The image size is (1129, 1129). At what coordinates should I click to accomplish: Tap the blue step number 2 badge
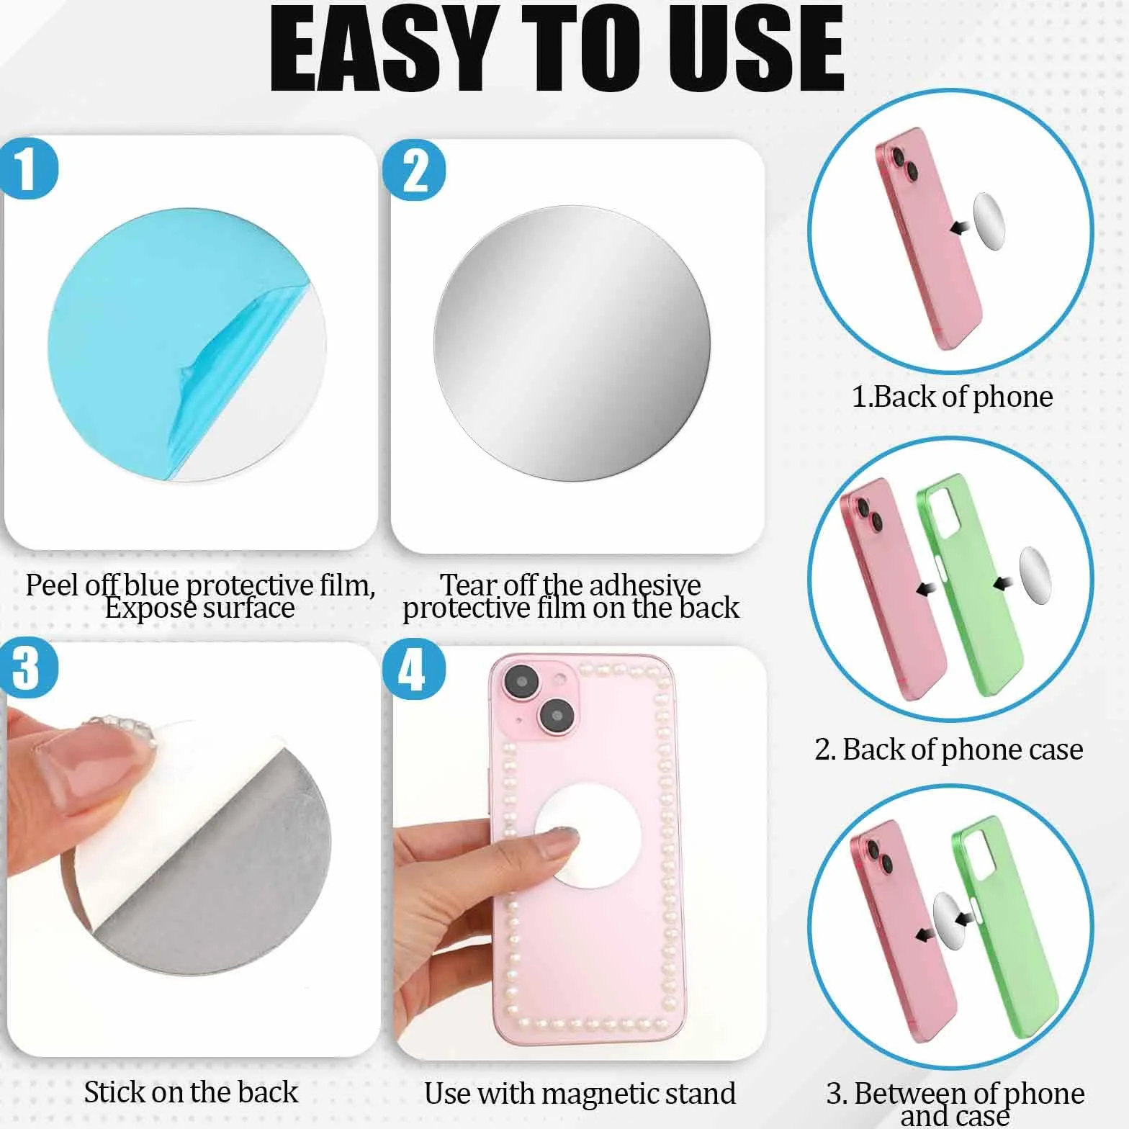coord(414,171)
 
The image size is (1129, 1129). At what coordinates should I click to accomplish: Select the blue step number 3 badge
coord(27,667)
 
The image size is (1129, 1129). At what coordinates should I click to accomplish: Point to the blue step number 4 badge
coord(414,669)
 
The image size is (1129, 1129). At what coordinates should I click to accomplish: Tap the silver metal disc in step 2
coord(572,343)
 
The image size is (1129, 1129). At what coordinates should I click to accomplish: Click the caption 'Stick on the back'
coord(191,1092)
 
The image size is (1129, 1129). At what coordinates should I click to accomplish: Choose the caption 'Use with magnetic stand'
coord(580,1094)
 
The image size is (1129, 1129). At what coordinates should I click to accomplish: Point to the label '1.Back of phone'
coord(952,397)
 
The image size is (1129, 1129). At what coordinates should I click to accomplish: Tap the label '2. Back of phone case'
coord(949,750)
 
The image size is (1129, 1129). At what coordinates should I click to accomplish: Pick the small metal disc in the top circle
coord(989,221)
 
